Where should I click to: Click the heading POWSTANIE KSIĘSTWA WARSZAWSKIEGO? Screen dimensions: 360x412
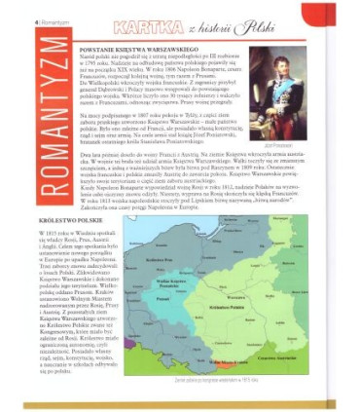tap(143, 50)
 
